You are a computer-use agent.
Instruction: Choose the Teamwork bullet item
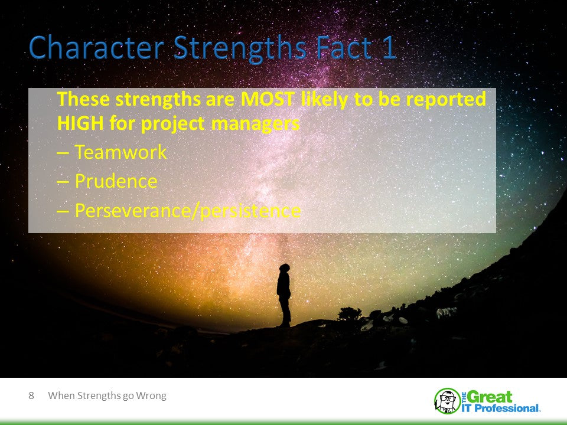click(120, 153)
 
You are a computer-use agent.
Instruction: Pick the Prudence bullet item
click(116, 181)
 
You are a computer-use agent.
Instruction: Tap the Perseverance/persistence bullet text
click(187, 210)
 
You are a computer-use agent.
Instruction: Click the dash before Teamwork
click(63, 153)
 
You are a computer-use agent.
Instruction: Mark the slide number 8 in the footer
click(31, 395)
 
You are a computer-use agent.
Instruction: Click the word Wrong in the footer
click(151, 395)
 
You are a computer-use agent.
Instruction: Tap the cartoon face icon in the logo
click(447, 401)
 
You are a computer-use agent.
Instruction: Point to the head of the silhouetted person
click(285, 268)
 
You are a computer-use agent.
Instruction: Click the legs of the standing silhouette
click(285, 310)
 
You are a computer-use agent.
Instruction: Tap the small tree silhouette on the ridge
click(349, 313)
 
